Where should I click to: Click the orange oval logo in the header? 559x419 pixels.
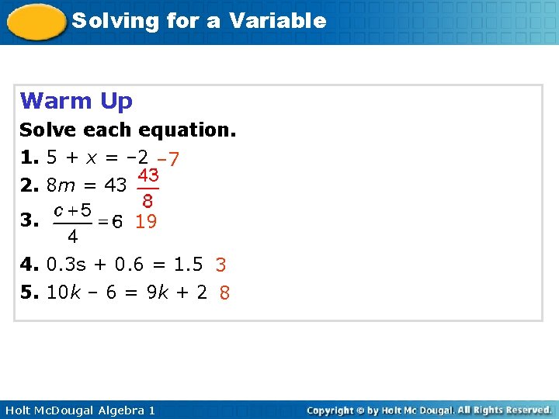click(36, 22)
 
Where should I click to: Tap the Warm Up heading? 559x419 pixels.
click(76, 101)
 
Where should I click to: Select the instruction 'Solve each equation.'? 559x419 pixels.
click(127, 130)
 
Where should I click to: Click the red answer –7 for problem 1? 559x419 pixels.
click(168, 159)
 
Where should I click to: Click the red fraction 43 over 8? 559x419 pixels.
click(148, 188)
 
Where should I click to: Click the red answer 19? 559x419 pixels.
click(146, 222)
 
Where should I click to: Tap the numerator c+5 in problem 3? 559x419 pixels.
click(72, 209)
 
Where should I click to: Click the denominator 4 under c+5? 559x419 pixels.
click(71, 235)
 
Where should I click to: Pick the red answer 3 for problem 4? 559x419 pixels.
click(220, 265)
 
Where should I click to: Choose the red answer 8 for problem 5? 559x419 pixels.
click(224, 293)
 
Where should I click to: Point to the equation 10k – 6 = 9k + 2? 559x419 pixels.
click(127, 293)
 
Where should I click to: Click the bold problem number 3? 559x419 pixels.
click(29, 221)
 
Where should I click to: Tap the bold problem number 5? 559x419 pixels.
click(29, 293)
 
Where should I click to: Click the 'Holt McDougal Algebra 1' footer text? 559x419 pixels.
click(79, 410)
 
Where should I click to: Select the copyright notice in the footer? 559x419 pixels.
click(429, 410)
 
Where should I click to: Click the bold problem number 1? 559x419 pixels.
click(29, 158)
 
